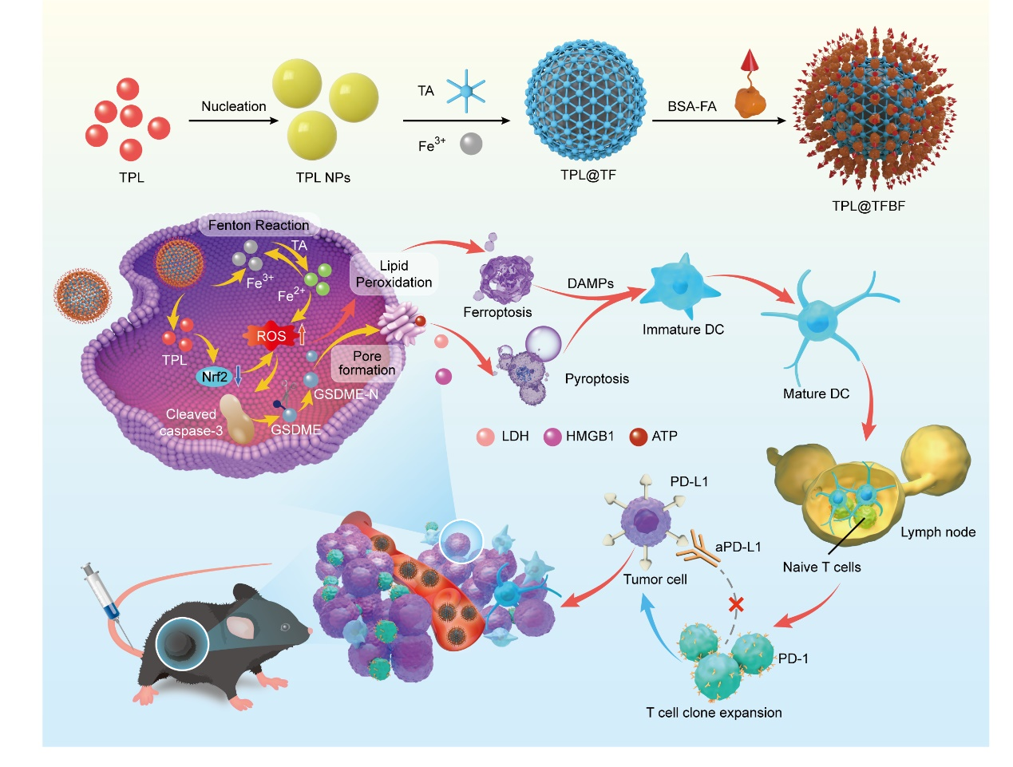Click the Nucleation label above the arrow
[x=233, y=106]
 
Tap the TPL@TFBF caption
[x=868, y=206]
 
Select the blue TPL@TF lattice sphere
[x=585, y=100]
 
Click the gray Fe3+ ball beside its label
[x=471, y=144]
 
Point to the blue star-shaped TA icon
[x=465, y=90]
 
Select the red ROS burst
[x=271, y=336]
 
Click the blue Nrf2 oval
[x=214, y=377]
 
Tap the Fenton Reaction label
[x=258, y=225]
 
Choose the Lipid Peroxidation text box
[x=394, y=274]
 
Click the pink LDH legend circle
[x=485, y=437]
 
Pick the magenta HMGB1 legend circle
[x=552, y=437]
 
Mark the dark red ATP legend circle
[x=638, y=437]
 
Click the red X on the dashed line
[x=736, y=604]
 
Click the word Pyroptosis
[x=596, y=378]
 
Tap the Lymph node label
[x=937, y=532]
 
